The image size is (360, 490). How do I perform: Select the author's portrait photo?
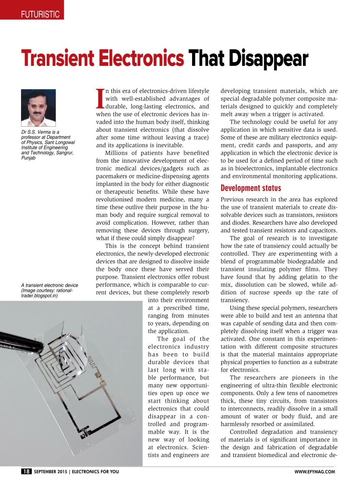38,108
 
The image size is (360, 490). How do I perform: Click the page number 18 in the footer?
26,472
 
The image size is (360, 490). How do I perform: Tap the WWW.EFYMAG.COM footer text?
314,472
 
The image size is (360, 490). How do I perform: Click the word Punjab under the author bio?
28,157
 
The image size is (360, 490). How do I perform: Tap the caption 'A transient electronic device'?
49,285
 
